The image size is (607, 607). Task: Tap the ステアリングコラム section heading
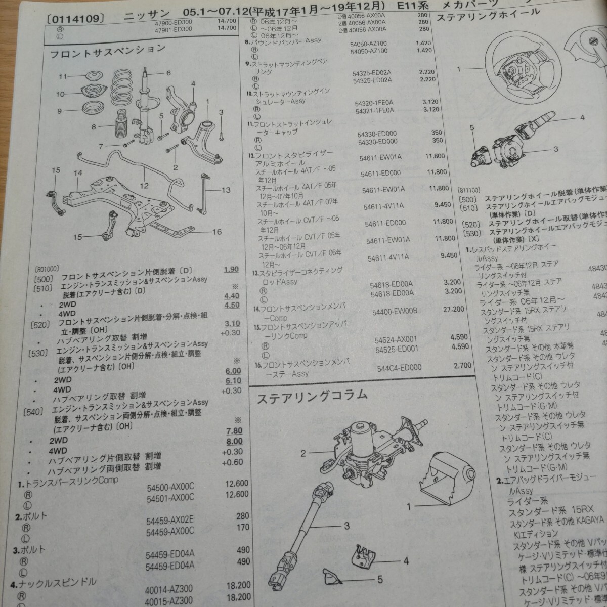tap(312, 396)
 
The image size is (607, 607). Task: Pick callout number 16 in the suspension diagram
tap(217, 232)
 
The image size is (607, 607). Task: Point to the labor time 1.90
tap(231, 269)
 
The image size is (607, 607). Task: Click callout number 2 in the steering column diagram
tap(303, 454)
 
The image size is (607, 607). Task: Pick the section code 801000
tap(47, 270)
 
